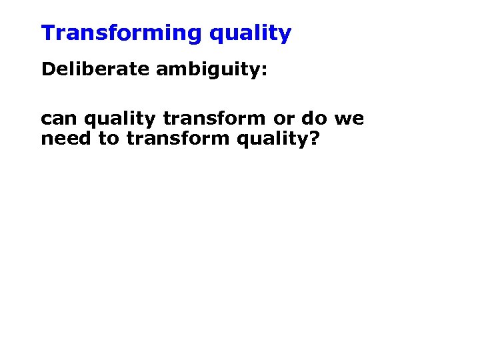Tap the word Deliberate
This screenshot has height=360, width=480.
[x=96, y=69]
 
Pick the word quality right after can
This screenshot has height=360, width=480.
[x=116, y=120]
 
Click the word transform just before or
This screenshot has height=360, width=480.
[x=215, y=119]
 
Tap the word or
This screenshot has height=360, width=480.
[x=285, y=120]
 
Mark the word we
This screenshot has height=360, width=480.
[x=349, y=120]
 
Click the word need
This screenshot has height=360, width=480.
[x=61, y=140]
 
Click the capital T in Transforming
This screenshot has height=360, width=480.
[x=47, y=33]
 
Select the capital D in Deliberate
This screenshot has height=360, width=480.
[x=47, y=69]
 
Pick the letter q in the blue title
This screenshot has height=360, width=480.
[x=216, y=35]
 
